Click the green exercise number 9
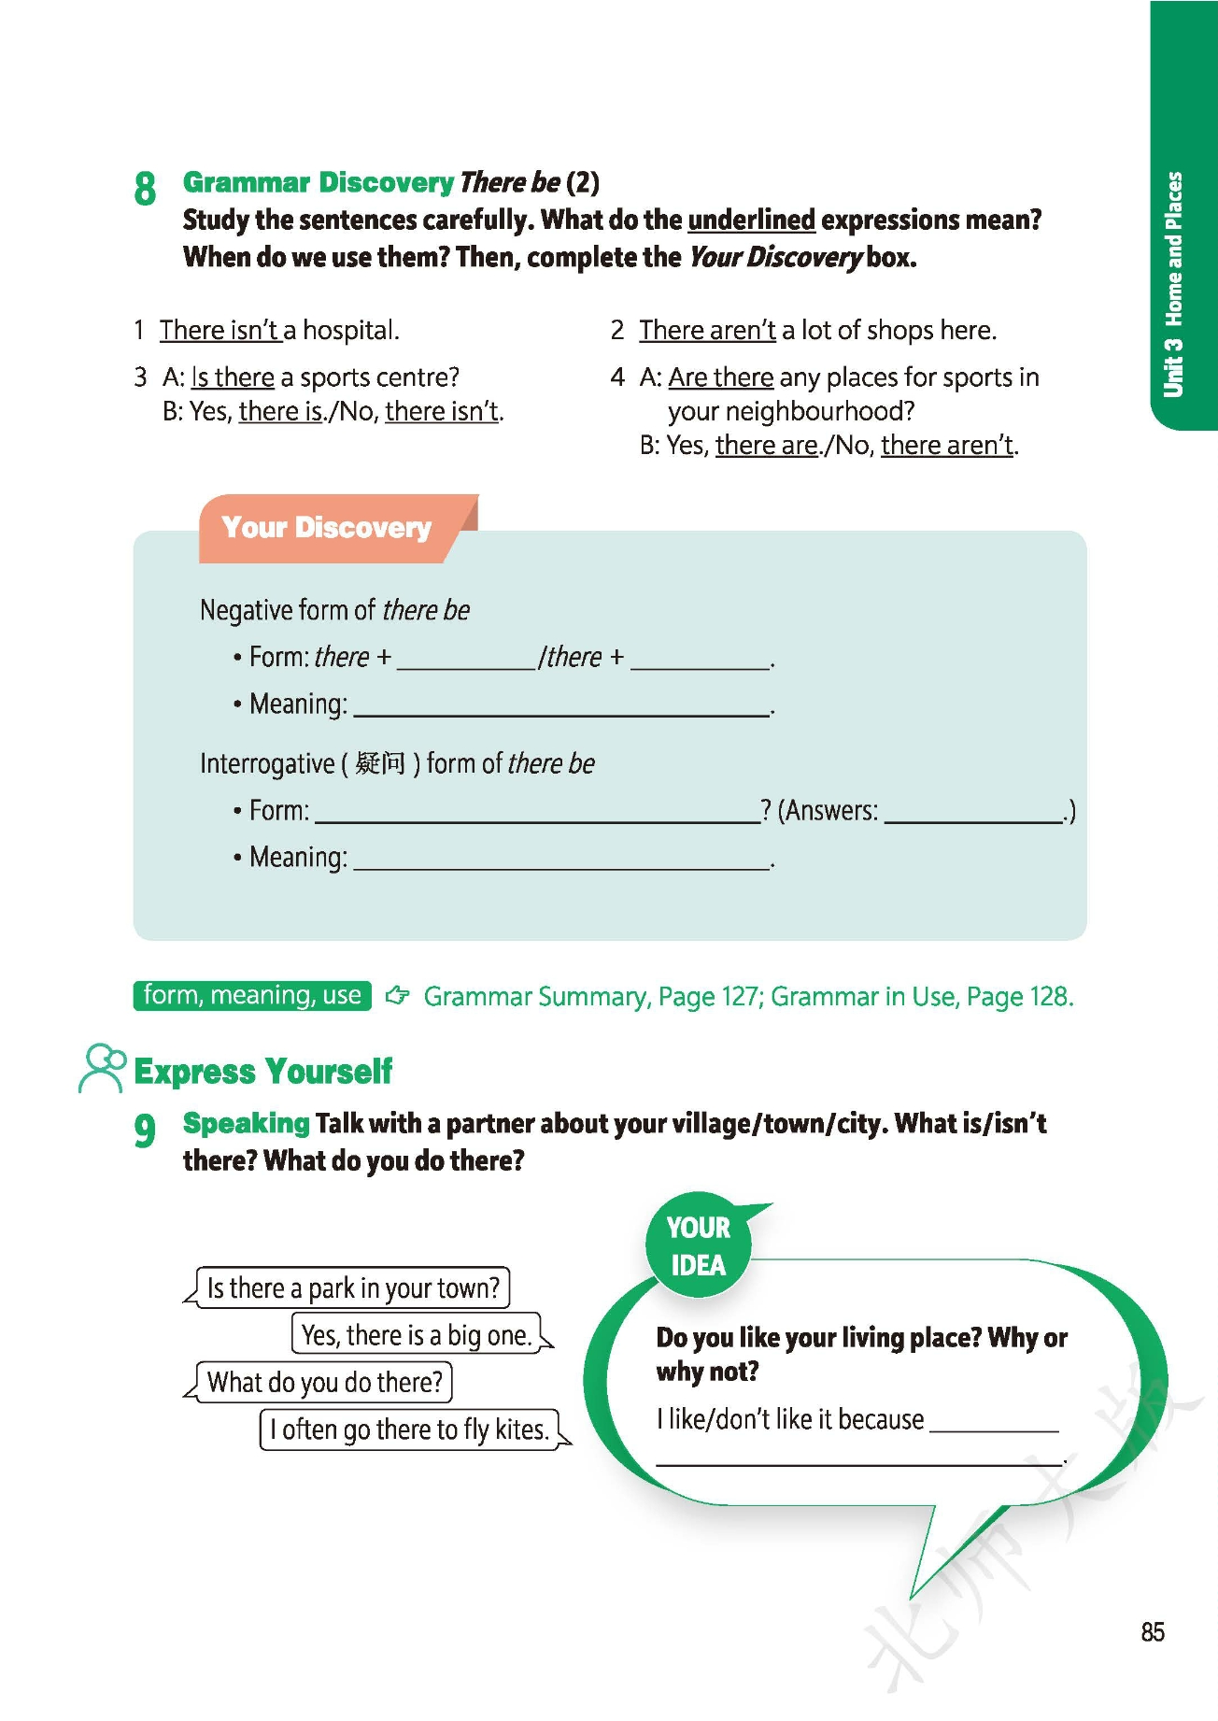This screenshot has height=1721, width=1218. click(145, 1130)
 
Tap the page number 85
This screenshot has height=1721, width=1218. click(1152, 1631)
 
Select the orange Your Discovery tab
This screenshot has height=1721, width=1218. click(327, 528)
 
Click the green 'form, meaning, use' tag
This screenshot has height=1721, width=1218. click(252, 995)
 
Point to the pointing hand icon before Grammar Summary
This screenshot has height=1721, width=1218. click(398, 995)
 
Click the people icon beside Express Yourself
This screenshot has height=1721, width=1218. click(101, 1068)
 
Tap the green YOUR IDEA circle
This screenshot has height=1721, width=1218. click(698, 1246)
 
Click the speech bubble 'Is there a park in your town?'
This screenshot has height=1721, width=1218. click(353, 1287)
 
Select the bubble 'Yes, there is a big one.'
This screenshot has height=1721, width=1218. click(417, 1334)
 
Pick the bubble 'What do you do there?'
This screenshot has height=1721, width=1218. click(324, 1382)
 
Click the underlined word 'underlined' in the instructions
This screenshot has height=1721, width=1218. click(751, 220)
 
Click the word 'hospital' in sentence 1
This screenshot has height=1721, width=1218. click(349, 330)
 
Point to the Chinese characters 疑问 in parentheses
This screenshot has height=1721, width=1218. click(380, 763)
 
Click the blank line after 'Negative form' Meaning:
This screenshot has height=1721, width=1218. click(560, 706)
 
